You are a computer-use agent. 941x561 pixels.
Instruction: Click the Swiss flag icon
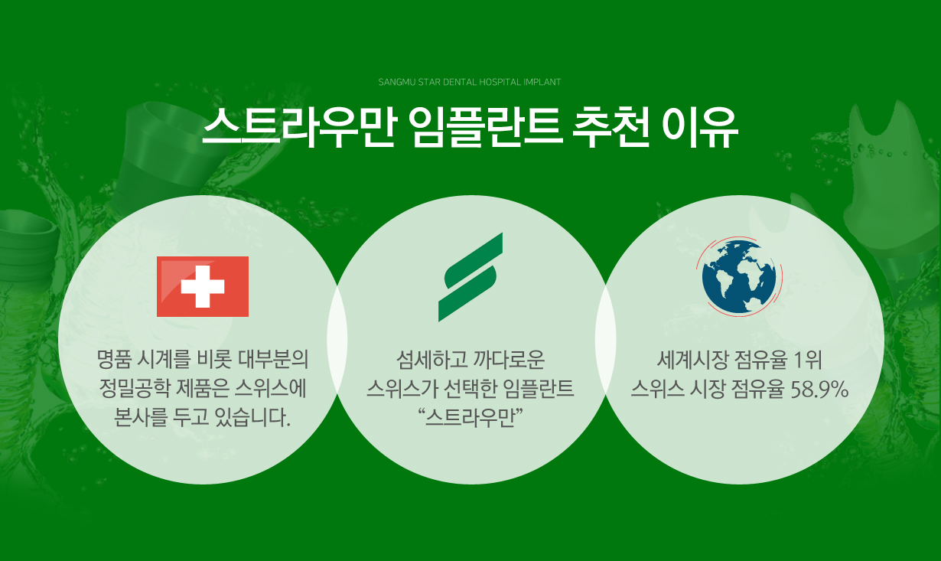point(203,286)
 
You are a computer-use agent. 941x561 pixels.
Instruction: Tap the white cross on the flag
point(203,286)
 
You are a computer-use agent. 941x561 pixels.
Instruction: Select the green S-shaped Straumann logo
point(470,277)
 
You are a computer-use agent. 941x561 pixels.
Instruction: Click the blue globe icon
point(739,276)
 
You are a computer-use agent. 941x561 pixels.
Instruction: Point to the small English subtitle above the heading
point(470,82)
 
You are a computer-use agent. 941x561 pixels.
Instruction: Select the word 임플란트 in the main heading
point(487,127)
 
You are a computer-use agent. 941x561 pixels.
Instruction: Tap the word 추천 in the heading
point(611,127)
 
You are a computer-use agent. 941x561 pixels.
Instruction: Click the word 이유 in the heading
point(700,127)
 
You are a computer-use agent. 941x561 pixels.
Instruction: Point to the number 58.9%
point(819,390)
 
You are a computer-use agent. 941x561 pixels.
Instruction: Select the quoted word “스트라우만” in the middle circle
point(470,419)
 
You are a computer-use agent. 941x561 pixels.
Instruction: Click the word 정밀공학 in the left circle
point(135,389)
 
